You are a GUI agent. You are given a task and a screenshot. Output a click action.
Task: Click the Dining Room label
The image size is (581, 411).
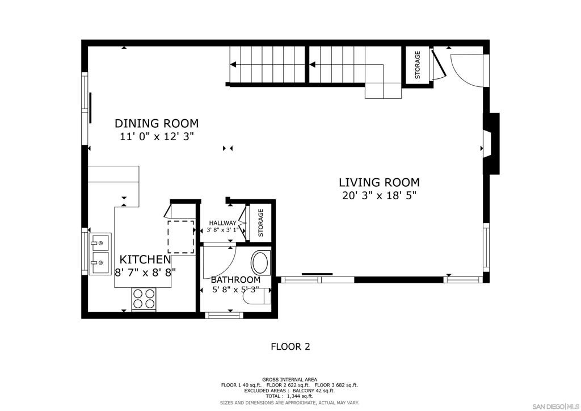[x=157, y=123]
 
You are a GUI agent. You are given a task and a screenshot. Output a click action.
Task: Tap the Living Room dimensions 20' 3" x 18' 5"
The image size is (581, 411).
[x=379, y=195]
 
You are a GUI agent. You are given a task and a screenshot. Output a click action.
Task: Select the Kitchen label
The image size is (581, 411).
[x=145, y=259]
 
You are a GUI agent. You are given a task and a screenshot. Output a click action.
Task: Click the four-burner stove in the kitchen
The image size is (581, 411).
[x=144, y=299]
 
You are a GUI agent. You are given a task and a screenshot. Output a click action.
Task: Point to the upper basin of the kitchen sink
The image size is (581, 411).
[x=100, y=242]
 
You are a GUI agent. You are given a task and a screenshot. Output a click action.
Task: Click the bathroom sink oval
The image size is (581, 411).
[x=261, y=263]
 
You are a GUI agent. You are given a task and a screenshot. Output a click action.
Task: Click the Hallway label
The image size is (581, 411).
[x=222, y=223]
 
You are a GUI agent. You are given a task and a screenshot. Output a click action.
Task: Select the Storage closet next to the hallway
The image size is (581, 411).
[x=260, y=223]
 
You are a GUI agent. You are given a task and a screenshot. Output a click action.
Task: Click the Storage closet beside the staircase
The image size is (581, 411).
[x=417, y=65]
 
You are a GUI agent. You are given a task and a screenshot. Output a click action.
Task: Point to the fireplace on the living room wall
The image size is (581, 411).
[x=491, y=144]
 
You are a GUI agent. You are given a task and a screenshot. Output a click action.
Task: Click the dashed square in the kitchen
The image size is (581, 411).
[x=181, y=237]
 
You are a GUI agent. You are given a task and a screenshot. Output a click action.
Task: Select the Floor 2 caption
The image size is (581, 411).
[x=290, y=346]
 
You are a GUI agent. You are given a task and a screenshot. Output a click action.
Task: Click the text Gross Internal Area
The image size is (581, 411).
[x=289, y=380]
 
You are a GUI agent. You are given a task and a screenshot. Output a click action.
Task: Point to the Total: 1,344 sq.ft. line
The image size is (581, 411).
[x=289, y=396]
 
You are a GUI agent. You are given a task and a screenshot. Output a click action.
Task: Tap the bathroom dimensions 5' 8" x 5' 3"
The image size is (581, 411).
[x=235, y=290]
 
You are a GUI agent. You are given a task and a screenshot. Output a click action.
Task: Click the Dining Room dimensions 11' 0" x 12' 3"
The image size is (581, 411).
[x=157, y=136]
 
